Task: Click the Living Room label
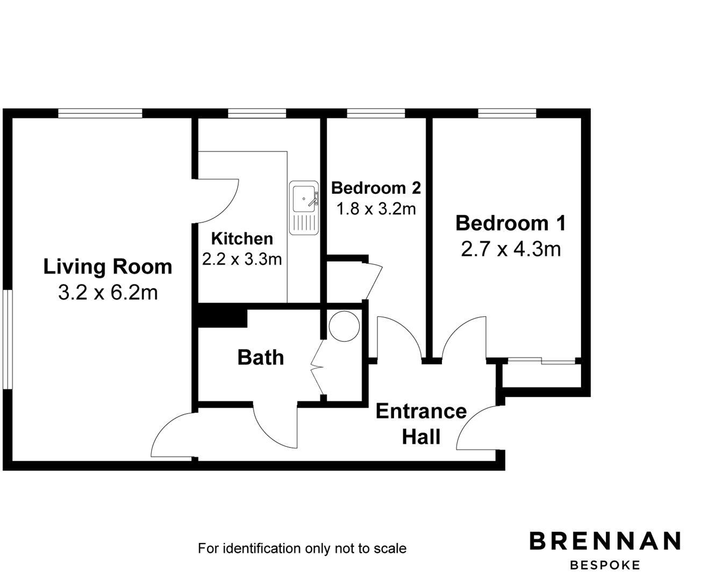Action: click(108, 267)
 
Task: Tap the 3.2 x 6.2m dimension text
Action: click(108, 293)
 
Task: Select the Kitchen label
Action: click(241, 238)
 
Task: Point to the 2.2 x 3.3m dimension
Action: click(241, 259)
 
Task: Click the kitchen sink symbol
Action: click(304, 208)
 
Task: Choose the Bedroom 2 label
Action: click(376, 188)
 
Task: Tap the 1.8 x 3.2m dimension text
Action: click(376, 208)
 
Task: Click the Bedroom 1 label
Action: click(510, 223)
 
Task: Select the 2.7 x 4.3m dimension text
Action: click(510, 249)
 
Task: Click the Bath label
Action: click(261, 358)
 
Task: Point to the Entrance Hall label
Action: click(421, 424)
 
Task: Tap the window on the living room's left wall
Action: click(8, 339)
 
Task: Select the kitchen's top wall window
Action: click(256, 113)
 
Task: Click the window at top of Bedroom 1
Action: click(507, 113)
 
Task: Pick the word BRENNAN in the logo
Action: click(605, 541)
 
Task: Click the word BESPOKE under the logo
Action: click(605, 565)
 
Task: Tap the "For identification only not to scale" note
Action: click(302, 548)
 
